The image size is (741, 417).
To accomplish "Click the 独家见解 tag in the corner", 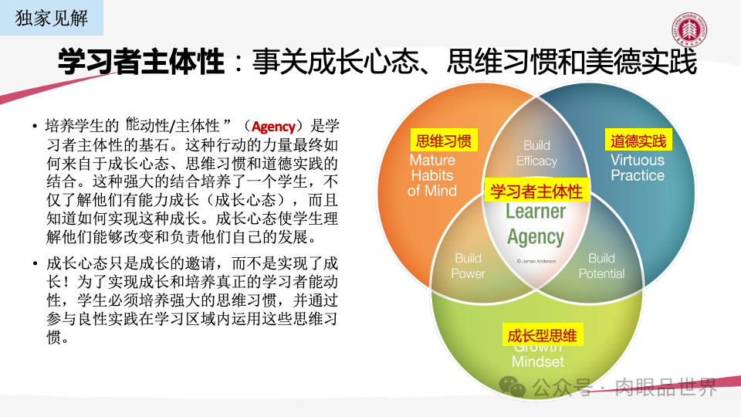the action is click(52, 18).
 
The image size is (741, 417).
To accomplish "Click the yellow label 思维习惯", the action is click(443, 141).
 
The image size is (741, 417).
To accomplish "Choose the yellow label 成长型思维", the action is click(542, 335).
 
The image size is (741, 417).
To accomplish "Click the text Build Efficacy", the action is click(536, 153).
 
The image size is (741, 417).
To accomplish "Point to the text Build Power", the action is click(468, 266).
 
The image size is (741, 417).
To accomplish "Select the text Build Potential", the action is click(601, 266).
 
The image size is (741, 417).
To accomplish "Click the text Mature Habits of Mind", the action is click(432, 175).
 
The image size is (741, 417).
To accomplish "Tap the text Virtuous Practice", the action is click(637, 168).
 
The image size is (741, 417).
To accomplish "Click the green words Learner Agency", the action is click(536, 224).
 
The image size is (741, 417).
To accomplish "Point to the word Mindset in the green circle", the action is click(538, 362).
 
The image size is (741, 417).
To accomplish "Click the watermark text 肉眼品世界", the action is click(665, 386).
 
